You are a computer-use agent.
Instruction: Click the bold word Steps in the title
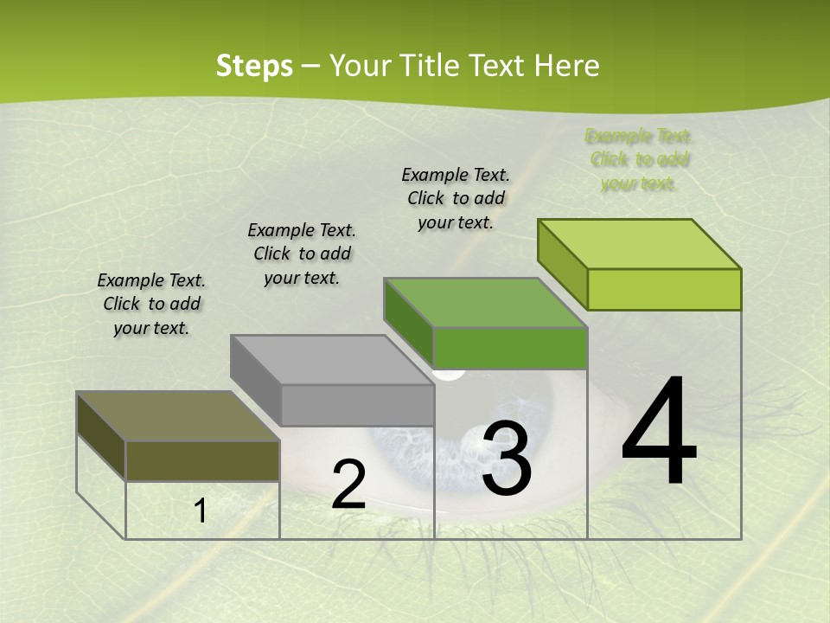[x=254, y=66]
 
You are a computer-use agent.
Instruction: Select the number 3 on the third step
[x=507, y=459]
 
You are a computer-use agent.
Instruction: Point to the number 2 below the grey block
[x=348, y=485]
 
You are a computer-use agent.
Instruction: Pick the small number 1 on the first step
[x=201, y=511]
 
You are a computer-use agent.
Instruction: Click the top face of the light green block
[x=640, y=244]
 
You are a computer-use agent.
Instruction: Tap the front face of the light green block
[x=664, y=289]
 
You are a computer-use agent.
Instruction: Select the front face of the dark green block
[x=510, y=348]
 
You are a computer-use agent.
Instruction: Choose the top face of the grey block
[x=332, y=360]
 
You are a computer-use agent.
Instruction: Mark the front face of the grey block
[x=356, y=405]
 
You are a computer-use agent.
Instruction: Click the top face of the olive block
[x=178, y=416]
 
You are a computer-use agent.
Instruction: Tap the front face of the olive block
[x=202, y=460]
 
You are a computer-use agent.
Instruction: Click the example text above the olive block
[x=151, y=305]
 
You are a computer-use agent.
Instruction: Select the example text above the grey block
[x=302, y=254]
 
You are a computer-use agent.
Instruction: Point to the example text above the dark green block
[x=456, y=198]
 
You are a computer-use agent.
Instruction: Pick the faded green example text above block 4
[x=639, y=159]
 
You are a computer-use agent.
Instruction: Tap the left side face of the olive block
[x=101, y=436]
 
